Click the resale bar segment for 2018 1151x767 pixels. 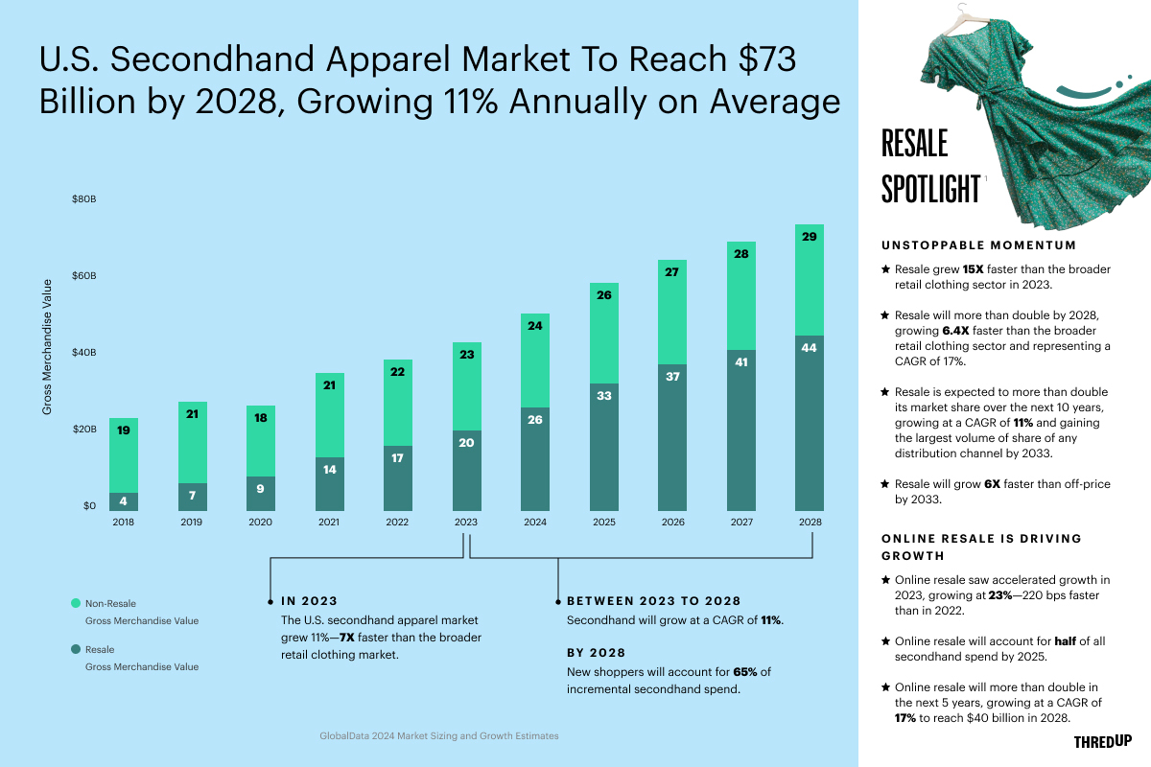tap(124, 501)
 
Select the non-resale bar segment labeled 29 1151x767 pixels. tap(809, 280)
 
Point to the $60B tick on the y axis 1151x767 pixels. tap(84, 276)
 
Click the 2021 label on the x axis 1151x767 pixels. tap(329, 523)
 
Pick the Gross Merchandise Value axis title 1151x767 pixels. tap(46, 347)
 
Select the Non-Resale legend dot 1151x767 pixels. tap(76, 603)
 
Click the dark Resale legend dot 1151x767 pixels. tap(76, 649)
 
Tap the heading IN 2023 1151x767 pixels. tap(309, 601)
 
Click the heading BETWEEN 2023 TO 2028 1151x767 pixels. tap(653, 601)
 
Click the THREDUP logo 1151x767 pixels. tap(1102, 741)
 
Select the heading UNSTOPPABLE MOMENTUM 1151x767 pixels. tap(978, 245)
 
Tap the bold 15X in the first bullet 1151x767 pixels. tap(975, 269)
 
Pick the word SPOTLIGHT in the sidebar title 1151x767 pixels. tap(929, 189)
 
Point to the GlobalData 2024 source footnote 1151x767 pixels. tap(438, 736)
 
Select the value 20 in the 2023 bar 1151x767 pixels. tap(466, 443)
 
